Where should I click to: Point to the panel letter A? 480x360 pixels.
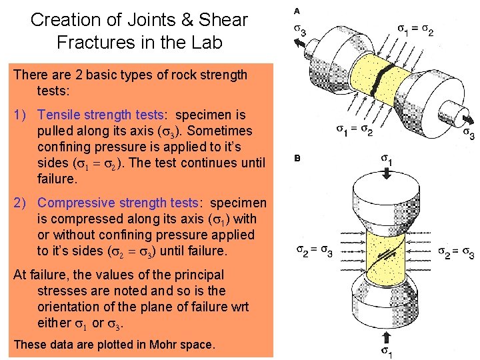tap(297, 11)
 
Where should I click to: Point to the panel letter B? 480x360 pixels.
tap(297, 159)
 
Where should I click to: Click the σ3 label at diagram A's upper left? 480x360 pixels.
tap(301, 31)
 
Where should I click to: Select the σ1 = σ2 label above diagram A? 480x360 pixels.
tap(416, 31)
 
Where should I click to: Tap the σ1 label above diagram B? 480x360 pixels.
tap(386, 161)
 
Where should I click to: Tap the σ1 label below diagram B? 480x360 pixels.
tap(386, 349)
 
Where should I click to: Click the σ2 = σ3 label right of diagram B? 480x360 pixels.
tap(457, 252)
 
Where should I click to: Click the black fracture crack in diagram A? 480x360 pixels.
tap(379, 86)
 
